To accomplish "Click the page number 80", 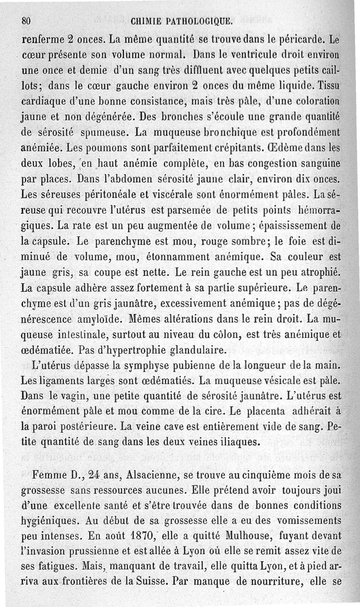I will [x=26, y=21].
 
